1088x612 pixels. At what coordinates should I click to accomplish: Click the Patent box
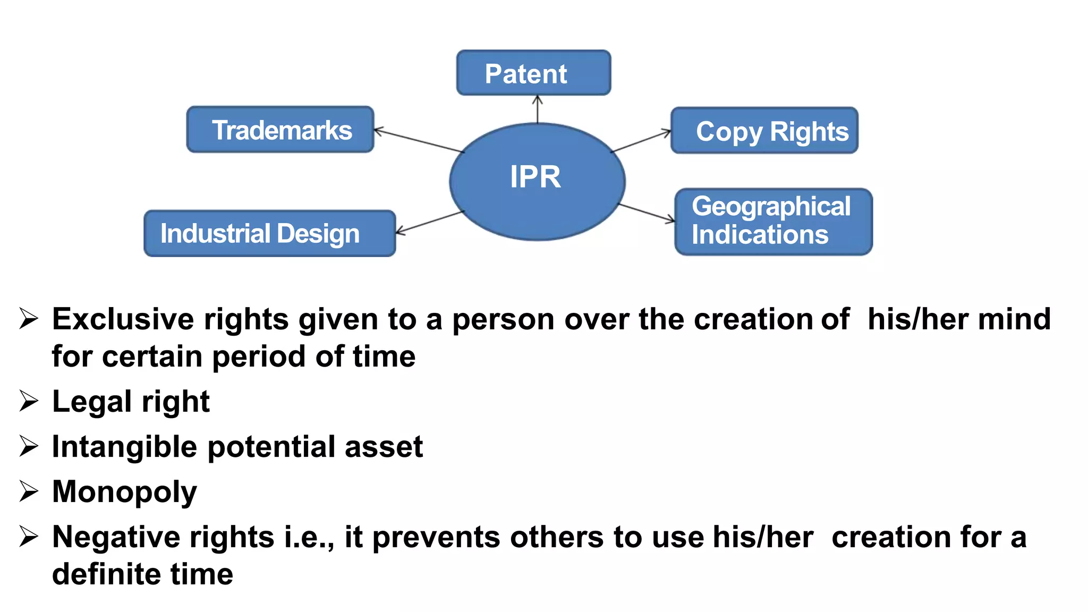(533, 73)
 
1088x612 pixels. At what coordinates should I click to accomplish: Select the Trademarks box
(280, 130)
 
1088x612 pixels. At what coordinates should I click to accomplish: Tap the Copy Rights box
(764, 131)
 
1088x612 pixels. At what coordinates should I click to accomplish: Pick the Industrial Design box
(269, 234)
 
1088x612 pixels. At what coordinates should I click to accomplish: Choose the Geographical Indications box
(773, 222)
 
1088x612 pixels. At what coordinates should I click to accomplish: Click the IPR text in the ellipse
(535, 177)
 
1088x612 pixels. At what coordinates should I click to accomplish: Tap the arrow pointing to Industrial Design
(430, 222)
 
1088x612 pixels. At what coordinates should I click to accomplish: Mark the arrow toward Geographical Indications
(647, 212)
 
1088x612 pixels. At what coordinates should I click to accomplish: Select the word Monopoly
(124, 492)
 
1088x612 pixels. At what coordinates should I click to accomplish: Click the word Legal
(91, 402)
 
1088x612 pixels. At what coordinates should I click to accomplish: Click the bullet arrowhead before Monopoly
(29, 491)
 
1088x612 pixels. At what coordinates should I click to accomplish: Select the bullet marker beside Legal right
(29, 401)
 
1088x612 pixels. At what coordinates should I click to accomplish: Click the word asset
(384, 447)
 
